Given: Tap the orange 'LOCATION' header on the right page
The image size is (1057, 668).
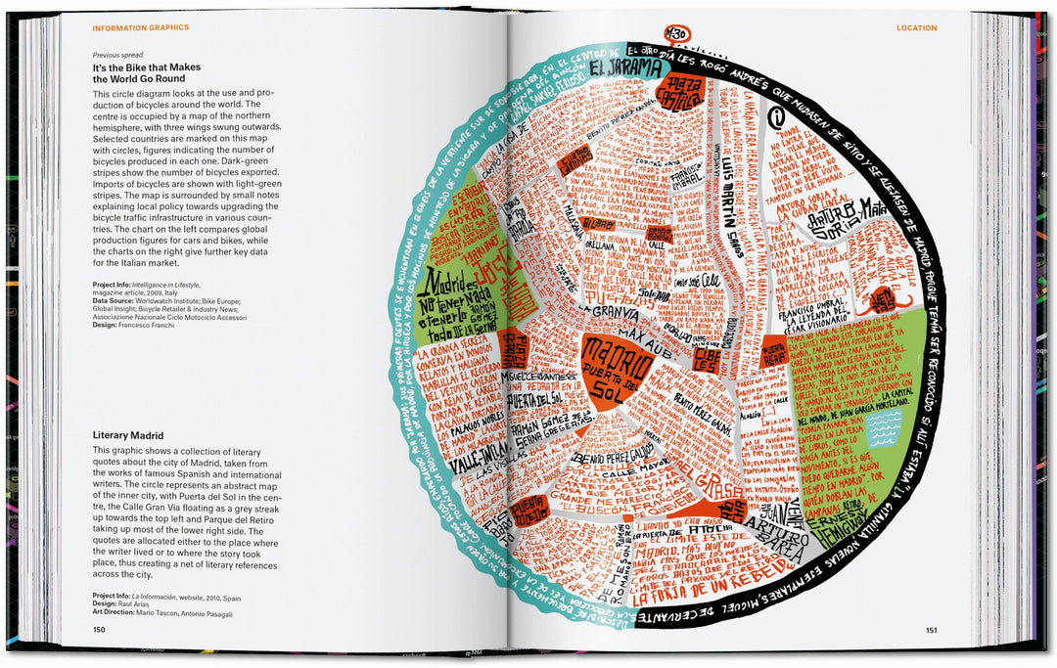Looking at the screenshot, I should (x=916, y=27).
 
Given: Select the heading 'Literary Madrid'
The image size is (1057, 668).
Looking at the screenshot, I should (x=127, y=434).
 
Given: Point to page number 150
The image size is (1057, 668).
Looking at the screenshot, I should (x=99, y=630).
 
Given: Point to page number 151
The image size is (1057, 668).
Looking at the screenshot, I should (x=931, y=630).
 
